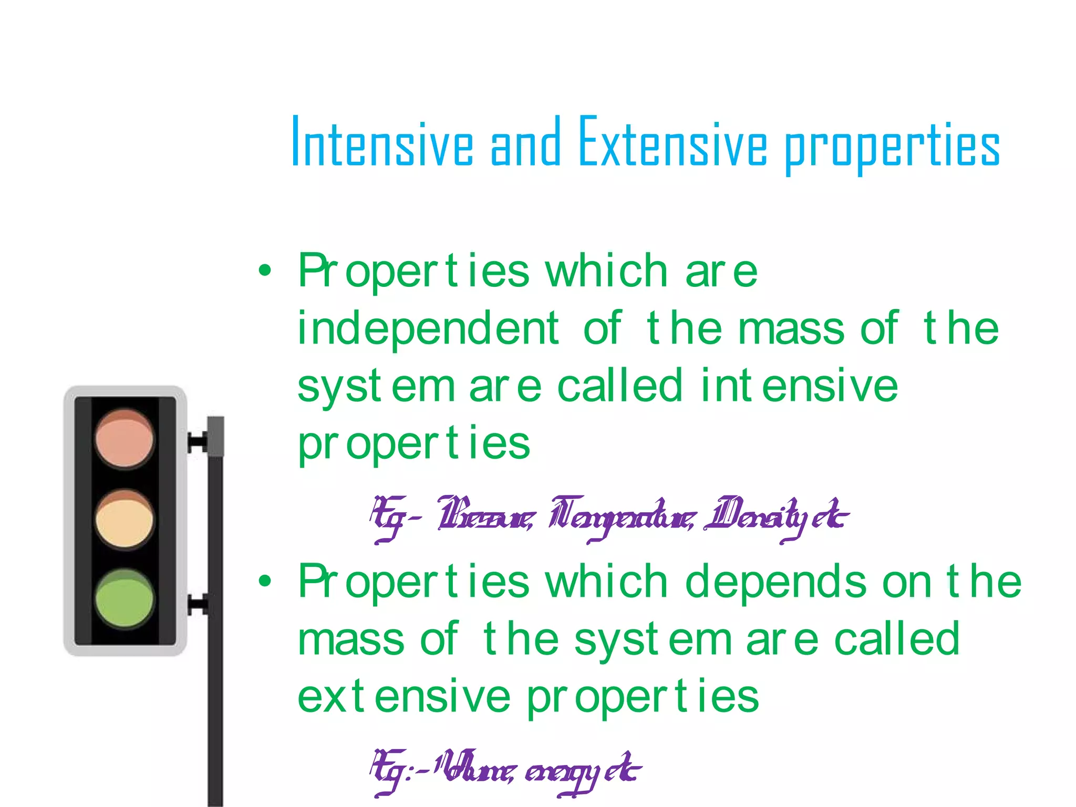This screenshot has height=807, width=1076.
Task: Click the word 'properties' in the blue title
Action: [892, 147]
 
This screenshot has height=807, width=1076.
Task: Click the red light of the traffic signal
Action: [125, 439]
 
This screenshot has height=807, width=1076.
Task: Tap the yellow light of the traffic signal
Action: [125, 519]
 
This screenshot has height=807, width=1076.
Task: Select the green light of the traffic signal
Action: [125, 598]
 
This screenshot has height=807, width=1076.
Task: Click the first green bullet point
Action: [265, 271]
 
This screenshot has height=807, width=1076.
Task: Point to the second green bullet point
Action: [265, 581]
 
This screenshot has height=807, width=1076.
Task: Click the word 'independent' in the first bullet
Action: [428, 329]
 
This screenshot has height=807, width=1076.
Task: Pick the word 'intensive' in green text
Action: [799, 386]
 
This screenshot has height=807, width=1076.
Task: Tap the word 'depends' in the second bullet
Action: [775, 582]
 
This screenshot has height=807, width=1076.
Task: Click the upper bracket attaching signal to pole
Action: [198, 442]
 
